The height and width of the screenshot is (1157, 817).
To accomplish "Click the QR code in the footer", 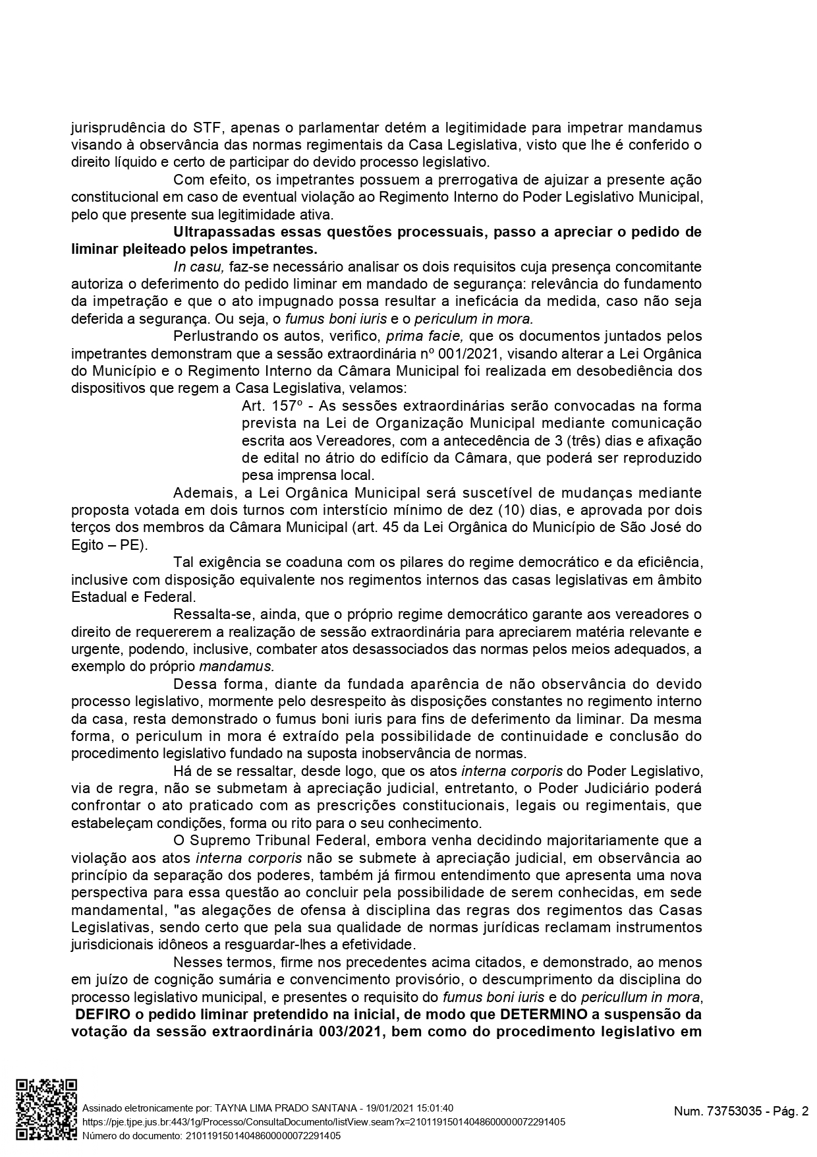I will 46,1110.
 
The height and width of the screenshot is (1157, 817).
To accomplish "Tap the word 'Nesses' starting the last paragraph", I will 196,962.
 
